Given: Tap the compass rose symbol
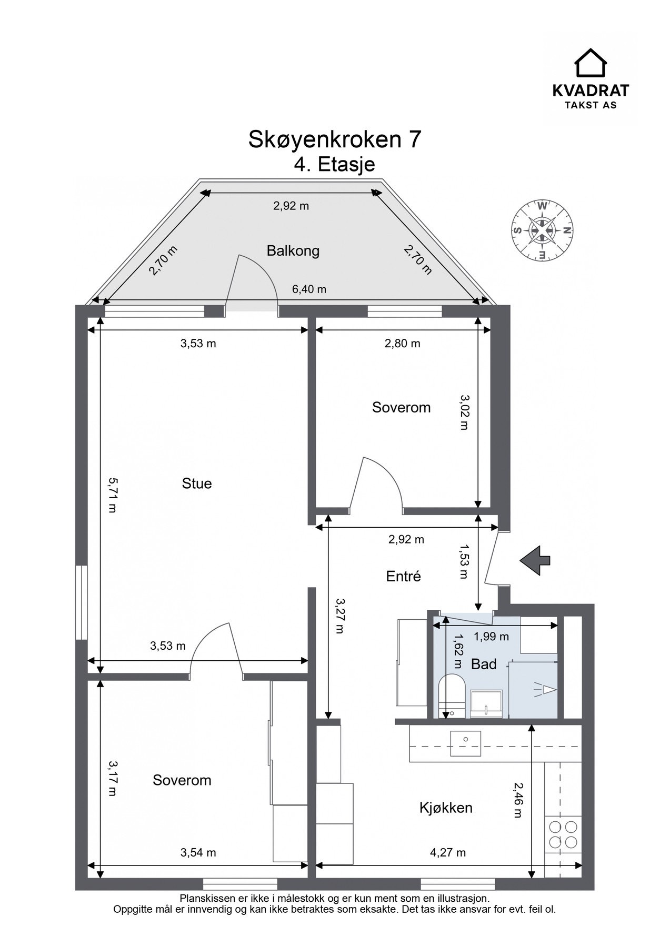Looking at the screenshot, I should point(542,230).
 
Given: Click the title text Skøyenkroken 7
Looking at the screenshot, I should point(334,139).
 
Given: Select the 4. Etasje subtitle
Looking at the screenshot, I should point(334,164).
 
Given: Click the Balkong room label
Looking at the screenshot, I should point(293,250).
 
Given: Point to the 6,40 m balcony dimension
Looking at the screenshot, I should point(309,289).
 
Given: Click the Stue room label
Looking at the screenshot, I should point(196,483).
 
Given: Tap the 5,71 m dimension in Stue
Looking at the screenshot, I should point(112,495).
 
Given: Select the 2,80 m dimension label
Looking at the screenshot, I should point(402,344).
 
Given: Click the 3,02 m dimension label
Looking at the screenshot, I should point(463,412).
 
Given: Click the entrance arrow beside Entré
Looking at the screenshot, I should point(535,561).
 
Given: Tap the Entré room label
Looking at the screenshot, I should point(403,576).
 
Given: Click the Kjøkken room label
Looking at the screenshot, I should point(446,807).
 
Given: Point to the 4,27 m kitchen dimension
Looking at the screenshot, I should point(447,852).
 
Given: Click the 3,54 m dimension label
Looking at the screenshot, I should point(198,852).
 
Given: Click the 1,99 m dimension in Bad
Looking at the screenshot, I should point(491,637).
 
